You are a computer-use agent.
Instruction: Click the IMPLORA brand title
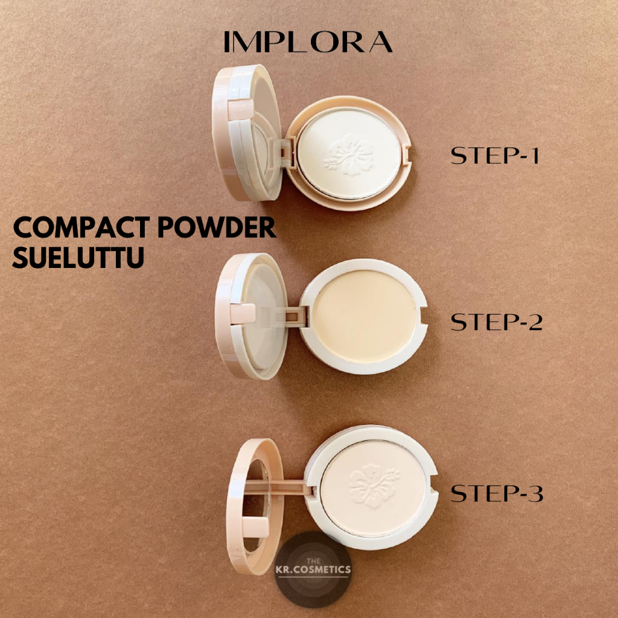click(308, 42)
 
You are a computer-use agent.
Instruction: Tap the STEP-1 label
click(495, 155)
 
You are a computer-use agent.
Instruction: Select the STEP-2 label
click(497, 322)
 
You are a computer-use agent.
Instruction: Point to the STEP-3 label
click(497, 493)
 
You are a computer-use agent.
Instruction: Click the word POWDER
click(217, 228)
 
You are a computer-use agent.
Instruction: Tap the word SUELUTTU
click(78, 257)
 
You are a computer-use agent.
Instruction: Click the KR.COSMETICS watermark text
click(313, 569)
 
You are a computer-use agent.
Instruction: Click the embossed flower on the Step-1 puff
click(349, 154)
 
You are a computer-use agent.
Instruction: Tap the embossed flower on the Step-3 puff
click(373, 485)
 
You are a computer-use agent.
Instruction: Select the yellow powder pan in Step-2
click(365, 316)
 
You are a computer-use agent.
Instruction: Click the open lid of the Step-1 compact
click(247, 132)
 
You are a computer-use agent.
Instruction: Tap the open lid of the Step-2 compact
click(251, 316)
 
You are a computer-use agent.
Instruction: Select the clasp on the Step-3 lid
click(255, 527)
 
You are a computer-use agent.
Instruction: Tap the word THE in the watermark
click(313, 561)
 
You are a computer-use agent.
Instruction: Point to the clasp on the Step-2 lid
click(243, 314)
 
